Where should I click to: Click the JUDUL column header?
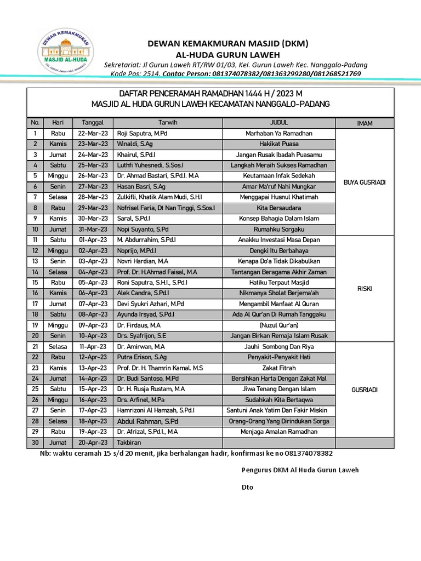[279, 123]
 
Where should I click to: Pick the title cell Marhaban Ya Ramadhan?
[279, 134]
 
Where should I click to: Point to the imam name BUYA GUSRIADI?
[365, 182]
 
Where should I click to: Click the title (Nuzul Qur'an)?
[279, 324]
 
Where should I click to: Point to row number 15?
[35, 282]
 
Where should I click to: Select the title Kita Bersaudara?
[279, 208]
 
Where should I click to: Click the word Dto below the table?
[248, 487]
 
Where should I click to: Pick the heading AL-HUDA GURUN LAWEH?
[227, 55]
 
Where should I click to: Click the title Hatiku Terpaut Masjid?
[279, 282]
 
